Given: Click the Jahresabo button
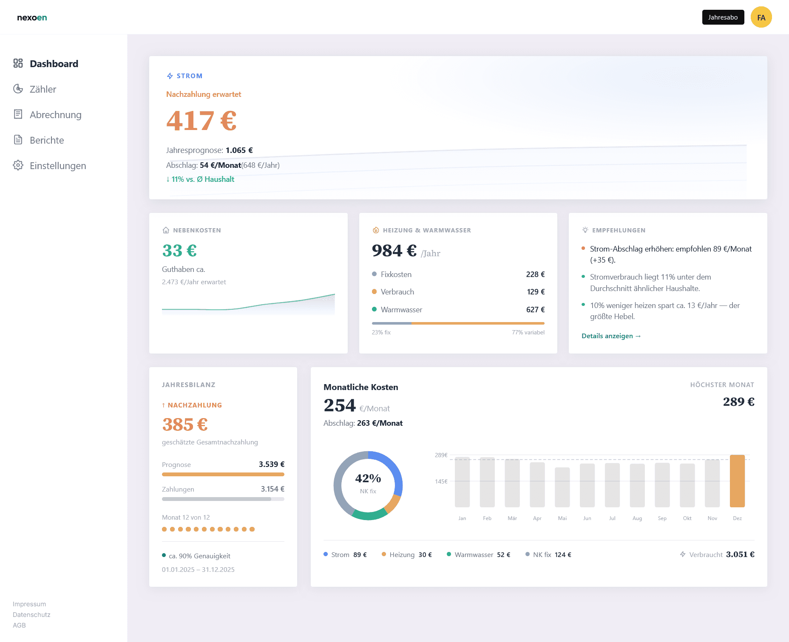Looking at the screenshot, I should pyautogui.click(x=723, y=17).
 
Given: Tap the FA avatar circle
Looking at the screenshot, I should pyautogui.click(x=761, y=17).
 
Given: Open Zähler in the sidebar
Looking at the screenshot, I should pyautogui.click(x=43, y=89).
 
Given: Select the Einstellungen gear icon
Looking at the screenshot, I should pyautogui.click(x=18, y=165).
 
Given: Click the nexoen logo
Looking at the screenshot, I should pyautogui.click(x=32, y=17).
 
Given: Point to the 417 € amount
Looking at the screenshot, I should pyautogui.click(x=201, y=121).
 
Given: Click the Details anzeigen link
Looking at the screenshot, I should pyautogui.click(x=611, y=336).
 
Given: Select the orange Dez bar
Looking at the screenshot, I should pyautogui.click(x=737, y=481).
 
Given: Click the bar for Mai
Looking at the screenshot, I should pyautogui.click(x=562, y=487).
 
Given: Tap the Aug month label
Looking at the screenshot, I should pyautogui.click(x=637, y=518).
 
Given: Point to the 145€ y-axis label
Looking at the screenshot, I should pyautogui.click(x=441, y=481).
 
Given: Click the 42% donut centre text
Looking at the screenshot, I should pyautogui.click(x=368, y=478).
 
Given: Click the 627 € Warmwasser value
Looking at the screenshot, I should pyautogui.click(x=535, y=310).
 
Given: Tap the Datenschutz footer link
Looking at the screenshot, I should pyautogui.click(x=31, y=615).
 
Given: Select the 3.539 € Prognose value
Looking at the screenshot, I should pyautogui.click(x=271, y=464).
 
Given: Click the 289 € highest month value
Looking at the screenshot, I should pyautogui.click(x=738, y=402).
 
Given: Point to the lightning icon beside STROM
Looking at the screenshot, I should pyautogui.click(x=170, y=76).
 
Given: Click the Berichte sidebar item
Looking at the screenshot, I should pyautogui.click(x=47, y=140).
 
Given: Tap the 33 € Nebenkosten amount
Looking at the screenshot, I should pyautogui.click(x=179, y=251).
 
